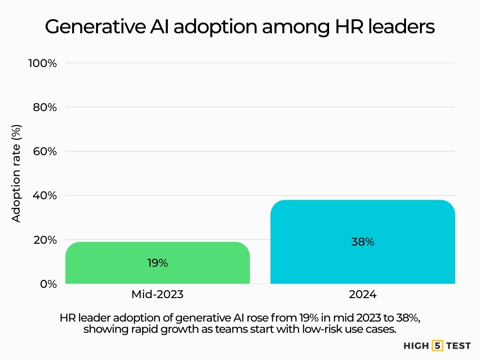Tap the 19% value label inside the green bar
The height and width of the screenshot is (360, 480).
tap(157, 263)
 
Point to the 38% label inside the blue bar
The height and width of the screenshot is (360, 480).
tap(363, 242)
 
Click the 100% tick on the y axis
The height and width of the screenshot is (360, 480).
tap(43, 63)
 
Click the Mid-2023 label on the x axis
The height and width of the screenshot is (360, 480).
tap(157, 295)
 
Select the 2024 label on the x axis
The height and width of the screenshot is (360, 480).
tap(363, 295)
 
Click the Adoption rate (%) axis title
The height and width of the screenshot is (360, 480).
tap(16, 173)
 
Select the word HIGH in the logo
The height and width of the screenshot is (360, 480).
tap(416, 346)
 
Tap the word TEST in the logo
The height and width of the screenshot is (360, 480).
tap(458, 346)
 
